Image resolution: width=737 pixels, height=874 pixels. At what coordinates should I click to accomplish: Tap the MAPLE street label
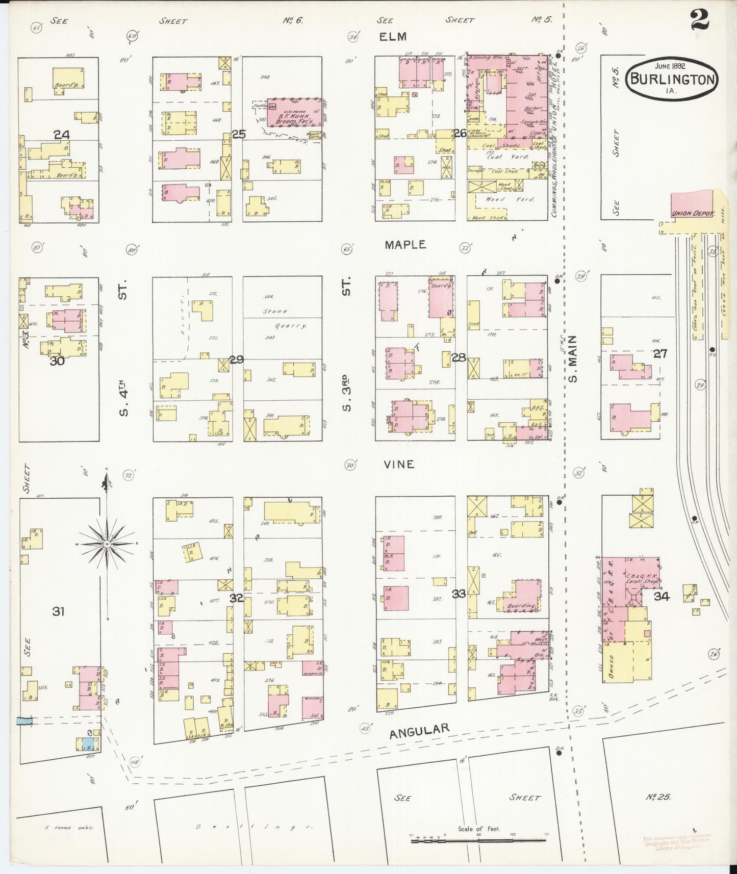[405, 245]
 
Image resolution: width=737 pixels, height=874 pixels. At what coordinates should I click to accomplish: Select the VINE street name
[399, 465]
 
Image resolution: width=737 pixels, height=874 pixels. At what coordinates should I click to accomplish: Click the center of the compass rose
[108, 545]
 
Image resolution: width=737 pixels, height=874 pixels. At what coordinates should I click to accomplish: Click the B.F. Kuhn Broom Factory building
[294, 112]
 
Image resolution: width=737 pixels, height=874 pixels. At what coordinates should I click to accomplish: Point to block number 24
[62, 135]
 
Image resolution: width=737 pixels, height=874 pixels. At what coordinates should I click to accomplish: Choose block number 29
[236, 359]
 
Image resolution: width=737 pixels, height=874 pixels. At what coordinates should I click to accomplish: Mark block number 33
[459, 594]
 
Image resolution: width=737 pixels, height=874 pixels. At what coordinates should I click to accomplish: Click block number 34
[662, 596]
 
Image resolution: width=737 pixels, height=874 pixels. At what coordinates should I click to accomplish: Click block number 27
[660, 353]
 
